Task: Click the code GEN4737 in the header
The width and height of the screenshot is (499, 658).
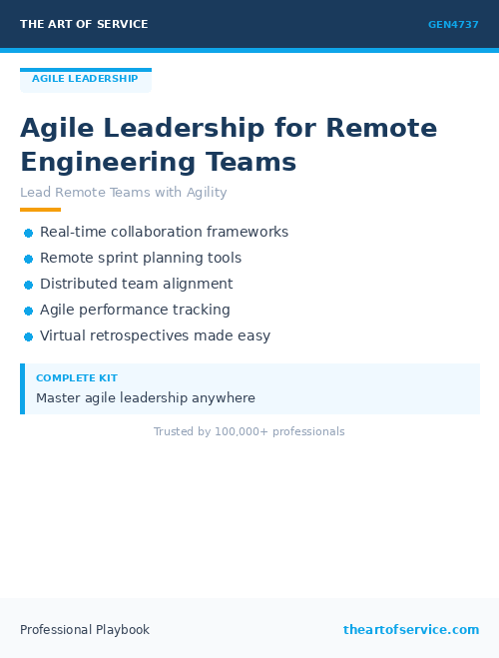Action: (453, 25)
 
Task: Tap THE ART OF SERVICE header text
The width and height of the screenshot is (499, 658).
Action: (84, 24)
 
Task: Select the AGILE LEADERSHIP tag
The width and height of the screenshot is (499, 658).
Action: (85, 79)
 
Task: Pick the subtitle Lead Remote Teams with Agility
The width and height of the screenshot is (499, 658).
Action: (124, 193)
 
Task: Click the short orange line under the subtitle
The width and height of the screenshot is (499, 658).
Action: (40, 210)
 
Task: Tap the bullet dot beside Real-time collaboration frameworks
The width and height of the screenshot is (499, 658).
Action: (28, 233)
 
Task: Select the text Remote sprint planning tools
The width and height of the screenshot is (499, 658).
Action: (141, 258)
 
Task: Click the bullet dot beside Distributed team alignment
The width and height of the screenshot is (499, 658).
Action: (28, 285)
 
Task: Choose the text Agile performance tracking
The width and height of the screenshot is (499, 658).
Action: (135, 310)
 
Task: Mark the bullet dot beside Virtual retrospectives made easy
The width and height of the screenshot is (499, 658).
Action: (28, 336)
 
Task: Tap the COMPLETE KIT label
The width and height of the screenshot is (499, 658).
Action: (77, 378)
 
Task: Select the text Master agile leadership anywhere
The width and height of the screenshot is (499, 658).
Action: (146, 397)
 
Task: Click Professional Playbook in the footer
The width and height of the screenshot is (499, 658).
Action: (85, 630)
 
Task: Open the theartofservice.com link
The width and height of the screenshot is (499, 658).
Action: (411, 630)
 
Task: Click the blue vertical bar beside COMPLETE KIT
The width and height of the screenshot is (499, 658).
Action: (22, 388)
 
